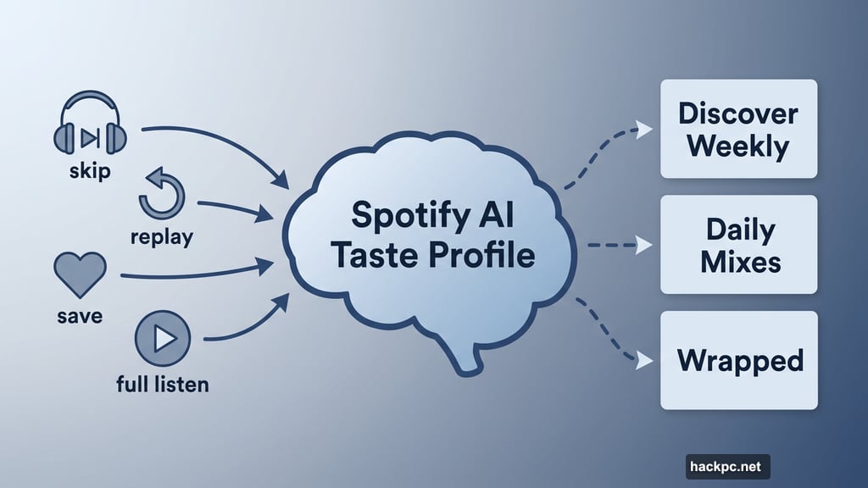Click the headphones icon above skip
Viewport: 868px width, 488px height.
89,128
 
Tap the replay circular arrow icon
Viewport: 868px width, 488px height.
161,194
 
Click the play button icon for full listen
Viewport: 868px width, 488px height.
163,338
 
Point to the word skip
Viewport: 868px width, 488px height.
90,172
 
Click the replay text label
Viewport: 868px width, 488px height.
161,236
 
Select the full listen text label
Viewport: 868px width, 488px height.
162,384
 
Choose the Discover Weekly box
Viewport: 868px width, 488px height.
738,129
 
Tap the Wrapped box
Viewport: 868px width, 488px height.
738,360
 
